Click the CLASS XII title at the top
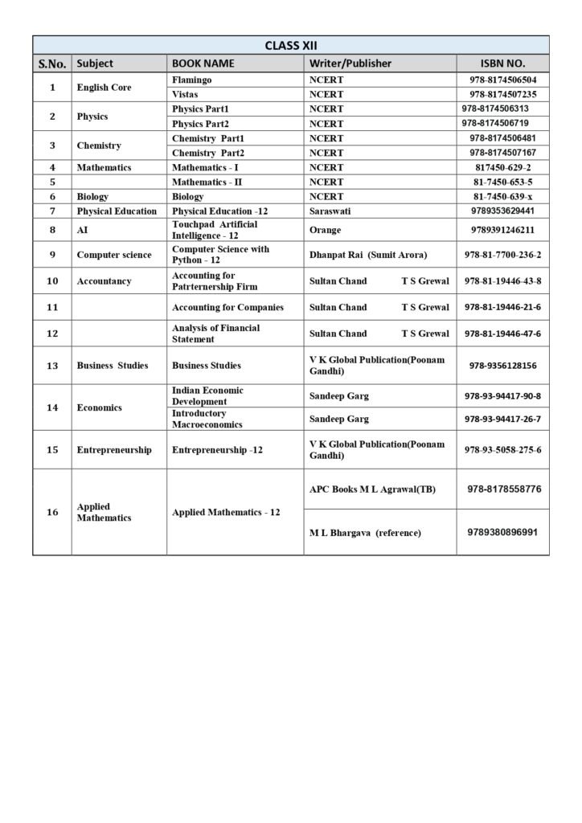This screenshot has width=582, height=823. pyautogui.click(x=291, y=45)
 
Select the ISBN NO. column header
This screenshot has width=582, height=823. pyautogui.click(x=502, y=63)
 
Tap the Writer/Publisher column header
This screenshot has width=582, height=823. pyautogui.click(x=350, y=63)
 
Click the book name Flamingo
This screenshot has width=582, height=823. pyautogui.click(x=191, y=80)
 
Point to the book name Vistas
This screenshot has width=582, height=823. pyautogui.click(x=185, y=94)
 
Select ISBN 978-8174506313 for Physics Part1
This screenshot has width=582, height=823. pyautogui.click(x=495, y=109)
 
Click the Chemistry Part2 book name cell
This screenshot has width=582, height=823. pyautogui.click(x=208, y=153)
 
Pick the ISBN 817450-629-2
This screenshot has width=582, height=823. pyautogui.click(x=502, y=167)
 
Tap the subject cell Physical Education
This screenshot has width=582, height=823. pyautogui.click(x=117, y=211)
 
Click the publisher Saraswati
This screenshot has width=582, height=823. pyautogui.click(x=330, y=211)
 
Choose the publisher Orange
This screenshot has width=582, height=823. pyautogui.click(x=325, y=230)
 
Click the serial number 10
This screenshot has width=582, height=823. pyautogui.click(x=52, y=281)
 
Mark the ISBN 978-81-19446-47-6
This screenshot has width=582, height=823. pyautogui.click(x=502, y=334)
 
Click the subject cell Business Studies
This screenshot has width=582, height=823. pyautogui.click(x=113, y=366)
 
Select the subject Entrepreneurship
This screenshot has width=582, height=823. pyautogui.click(x=114, y=450)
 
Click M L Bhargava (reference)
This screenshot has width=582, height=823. pyautogui.click(x=365, y=533)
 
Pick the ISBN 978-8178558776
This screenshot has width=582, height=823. pyautogui.click(x=504, y=489)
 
